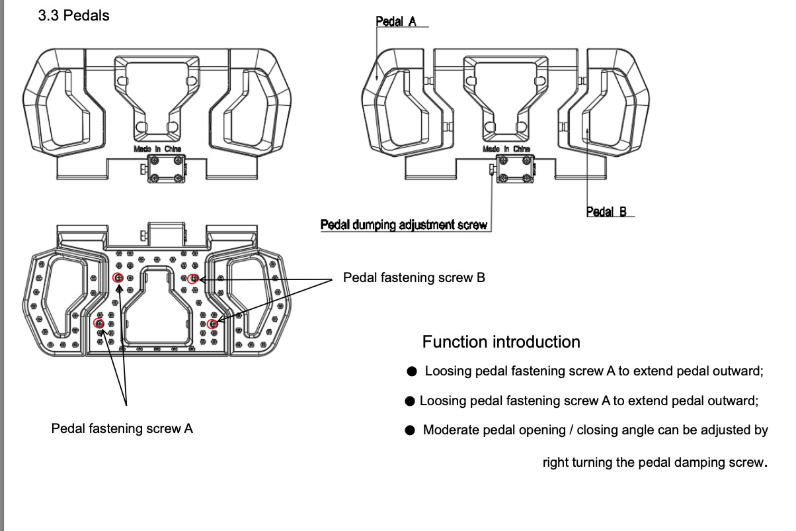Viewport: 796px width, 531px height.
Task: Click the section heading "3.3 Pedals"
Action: [74, 16]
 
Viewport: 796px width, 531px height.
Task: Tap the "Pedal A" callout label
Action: [396, 21]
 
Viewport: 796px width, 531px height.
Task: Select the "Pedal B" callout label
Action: [606, 212]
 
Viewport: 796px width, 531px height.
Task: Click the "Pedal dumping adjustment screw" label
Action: [403, 224]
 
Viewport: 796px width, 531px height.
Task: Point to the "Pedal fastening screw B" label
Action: [414, 278]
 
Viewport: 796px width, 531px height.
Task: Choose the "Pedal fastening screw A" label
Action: [122, 428]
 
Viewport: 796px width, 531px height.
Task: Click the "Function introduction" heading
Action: [501, 342]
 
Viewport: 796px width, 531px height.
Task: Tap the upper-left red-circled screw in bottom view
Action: [118, 278]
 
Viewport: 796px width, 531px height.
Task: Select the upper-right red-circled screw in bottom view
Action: [192, 279]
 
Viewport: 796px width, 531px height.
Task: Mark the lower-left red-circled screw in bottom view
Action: [99, 323]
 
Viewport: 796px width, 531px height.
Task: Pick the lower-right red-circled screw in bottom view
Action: [212, 324]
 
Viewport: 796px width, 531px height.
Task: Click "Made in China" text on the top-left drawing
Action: [157, 149]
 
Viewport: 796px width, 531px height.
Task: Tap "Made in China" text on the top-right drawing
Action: [506, 150]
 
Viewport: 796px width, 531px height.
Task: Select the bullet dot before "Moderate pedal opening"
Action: [410, 430]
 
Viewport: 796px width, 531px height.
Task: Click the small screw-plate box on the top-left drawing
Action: [165, 170]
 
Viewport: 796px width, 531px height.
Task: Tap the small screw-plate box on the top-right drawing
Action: [514, 170]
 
